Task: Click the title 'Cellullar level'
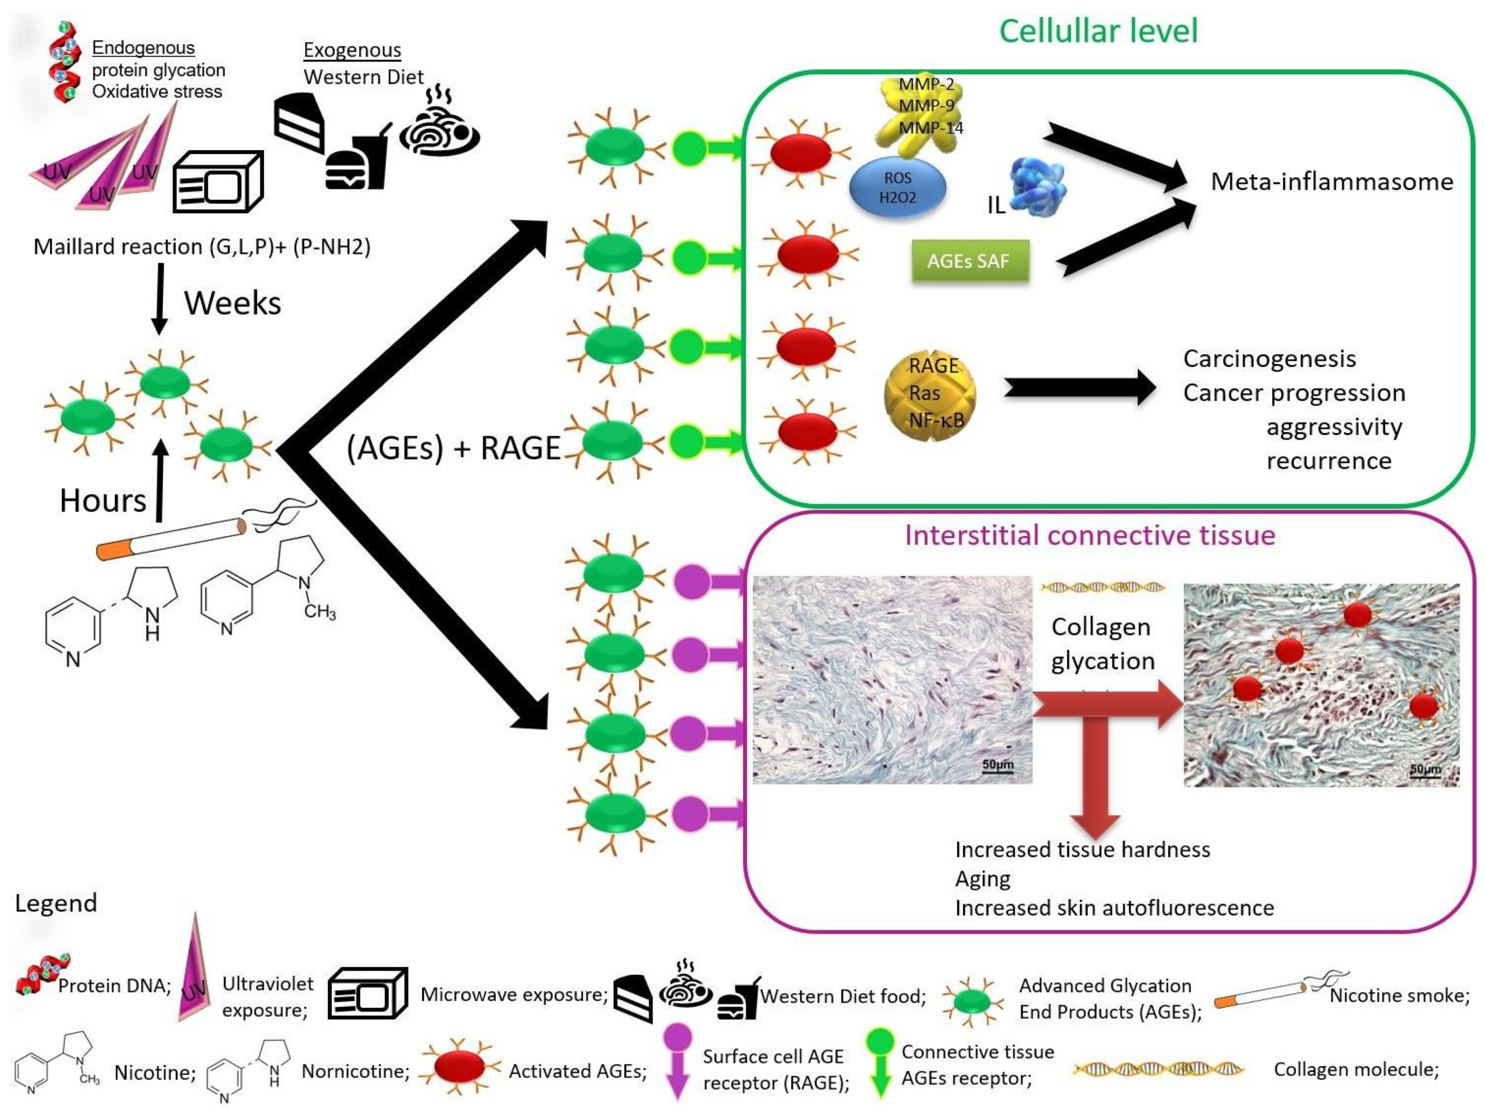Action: click(1098, 31)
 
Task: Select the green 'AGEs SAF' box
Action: click(969, 261)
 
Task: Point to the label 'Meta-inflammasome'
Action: click(1331, 181)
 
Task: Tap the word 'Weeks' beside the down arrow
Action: click(232, 303)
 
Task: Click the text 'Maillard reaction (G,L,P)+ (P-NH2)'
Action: click(202, 247)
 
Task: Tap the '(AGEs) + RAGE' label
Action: click(453, 448)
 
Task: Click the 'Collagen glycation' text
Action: click(1102, 643)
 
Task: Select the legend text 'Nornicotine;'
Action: click(355, 1071)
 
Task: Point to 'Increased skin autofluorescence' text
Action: click(1114, 908)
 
